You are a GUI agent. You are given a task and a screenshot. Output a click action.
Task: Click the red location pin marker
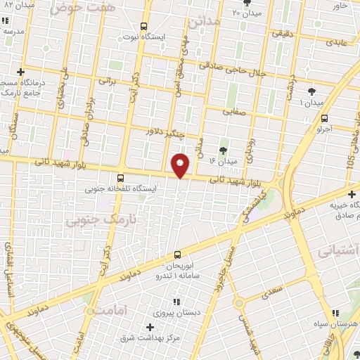pyautogui.click(x=181, y=165)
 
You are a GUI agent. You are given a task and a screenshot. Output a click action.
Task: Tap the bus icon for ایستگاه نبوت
pyautogui.click(x=145, y=25)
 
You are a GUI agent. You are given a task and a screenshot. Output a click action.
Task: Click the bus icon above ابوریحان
pyautogui.click(x=176, y=255)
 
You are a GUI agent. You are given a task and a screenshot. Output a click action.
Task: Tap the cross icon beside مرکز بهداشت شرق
pyautogui.click(x=149, y=327)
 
